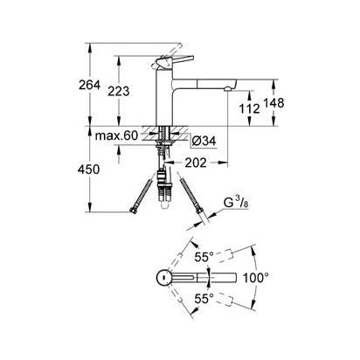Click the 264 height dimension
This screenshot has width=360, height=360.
pos(89,85)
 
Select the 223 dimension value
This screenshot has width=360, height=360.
pos(118,91)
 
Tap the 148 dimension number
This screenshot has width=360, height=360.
pos(273,103)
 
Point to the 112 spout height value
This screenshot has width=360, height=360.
pos(249,108)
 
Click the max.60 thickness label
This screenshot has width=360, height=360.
pos(116,135)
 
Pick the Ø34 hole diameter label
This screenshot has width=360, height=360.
pos(204,142)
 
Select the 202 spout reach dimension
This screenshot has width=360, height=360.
pos(196,163)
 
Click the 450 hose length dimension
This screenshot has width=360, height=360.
pos(88,170)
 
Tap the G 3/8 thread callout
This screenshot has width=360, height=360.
pos(236,203)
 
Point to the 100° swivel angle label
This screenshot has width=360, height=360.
pos(256,278)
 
